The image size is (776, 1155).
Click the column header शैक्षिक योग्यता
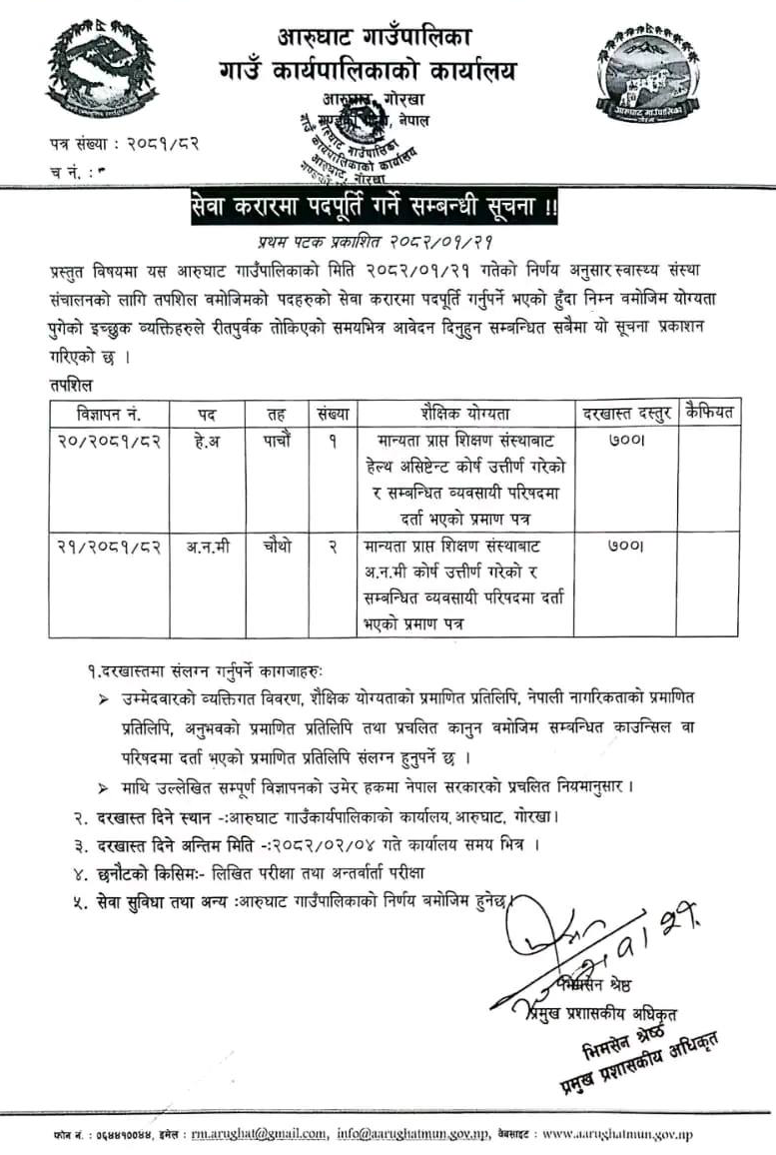point(465,413)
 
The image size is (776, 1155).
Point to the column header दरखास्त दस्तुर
point(624,413)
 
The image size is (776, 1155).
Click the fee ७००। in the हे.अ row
point(624,441)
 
